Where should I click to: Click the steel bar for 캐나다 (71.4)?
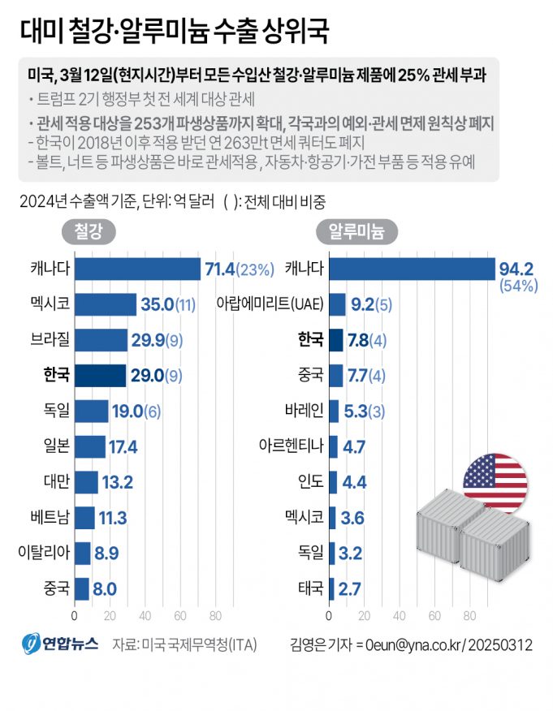[137, 269]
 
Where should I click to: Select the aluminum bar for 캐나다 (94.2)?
[412, 269]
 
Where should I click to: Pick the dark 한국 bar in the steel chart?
[101, 375]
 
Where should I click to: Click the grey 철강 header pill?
[89, 232]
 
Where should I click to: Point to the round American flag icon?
[494, 484]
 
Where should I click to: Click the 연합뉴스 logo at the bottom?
[60, 644]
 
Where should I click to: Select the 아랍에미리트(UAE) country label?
[270, 304]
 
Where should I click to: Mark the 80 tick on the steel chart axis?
[216, 614]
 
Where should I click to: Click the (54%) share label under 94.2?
[521, 286]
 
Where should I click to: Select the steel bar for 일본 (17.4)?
[90, 446]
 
